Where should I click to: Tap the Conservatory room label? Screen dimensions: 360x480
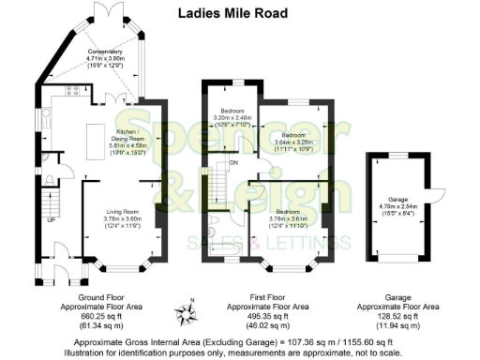tap(106, 57)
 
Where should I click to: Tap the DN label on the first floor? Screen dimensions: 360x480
tap(234, 161)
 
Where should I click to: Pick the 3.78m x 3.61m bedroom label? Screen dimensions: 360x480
tap(286, 218)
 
